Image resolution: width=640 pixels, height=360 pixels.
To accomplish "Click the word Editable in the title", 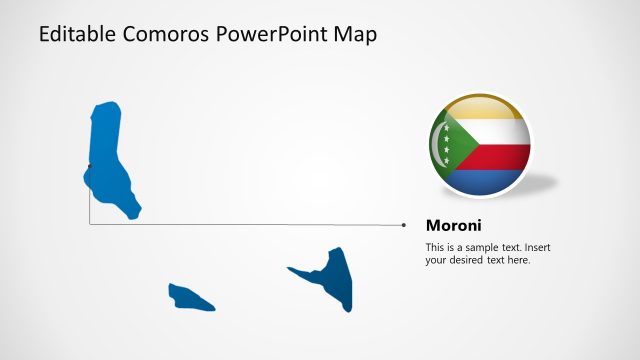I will [x=76, y=35].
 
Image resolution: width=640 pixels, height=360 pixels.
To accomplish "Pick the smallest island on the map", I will [x=189, y=297].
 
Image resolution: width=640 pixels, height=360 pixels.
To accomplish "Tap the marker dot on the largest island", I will [x=90, y=166].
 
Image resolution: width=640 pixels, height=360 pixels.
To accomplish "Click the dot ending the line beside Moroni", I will [x=404, y=225].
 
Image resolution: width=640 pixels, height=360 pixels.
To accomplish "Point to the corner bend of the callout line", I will [x=90, y=224].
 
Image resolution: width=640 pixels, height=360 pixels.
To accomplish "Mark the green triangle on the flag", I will [x=447, y=145].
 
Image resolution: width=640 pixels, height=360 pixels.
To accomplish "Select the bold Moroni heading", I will [x=454, y=225].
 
